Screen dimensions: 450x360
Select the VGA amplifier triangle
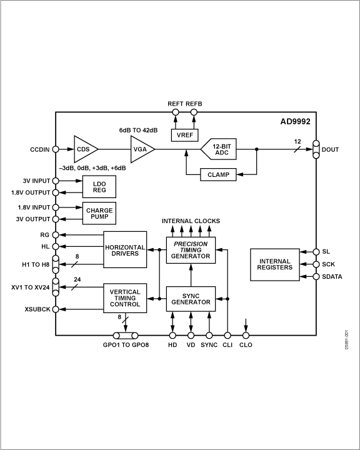[140, 149]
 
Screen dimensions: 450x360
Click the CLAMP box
[218, 175]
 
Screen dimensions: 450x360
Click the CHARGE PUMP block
[100, 213]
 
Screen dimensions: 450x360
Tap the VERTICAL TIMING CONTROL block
[124, 296]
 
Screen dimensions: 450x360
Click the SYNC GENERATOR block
[191, 299]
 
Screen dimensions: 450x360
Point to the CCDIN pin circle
[56, 149]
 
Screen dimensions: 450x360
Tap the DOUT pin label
[331, 150]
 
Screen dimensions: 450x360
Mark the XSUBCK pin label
[37, 309]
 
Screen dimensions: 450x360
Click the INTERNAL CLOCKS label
[191, 221]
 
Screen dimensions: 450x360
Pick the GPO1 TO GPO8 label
[125, 345]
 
